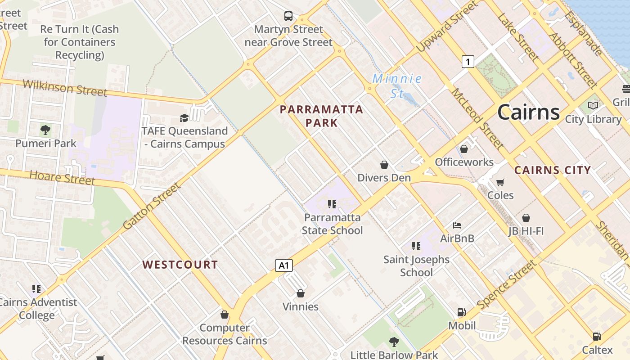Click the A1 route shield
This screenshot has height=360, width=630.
(x=284, y=265)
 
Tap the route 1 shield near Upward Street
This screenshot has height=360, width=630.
(x=468, y=61)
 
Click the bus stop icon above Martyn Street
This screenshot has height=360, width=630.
(x=288, y=17)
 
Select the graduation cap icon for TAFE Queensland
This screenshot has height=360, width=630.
(x=184, y=118)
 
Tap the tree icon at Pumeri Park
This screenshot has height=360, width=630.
(x=45, y=130)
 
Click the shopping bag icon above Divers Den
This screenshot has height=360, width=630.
(x=384, y=165)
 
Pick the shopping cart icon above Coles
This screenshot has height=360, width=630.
(x=500, y=182)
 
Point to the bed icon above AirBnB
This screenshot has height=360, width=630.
(x=457, y=225)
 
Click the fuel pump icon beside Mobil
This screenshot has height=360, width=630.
(x=461, y=312)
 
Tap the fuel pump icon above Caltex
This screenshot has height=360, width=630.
(x=597, y=337)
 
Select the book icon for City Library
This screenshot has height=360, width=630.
(x=593, y=106)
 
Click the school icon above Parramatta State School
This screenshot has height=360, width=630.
(x=332, y=204)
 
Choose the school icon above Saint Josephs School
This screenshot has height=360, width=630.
(x=416, y=246)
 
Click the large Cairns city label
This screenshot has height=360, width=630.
(x=528, y=112)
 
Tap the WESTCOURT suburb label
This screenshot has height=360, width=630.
(x=180, y=265)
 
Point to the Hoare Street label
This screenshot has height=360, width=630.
(x=62, y=178)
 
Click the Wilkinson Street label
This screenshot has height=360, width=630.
(x=65, y=87)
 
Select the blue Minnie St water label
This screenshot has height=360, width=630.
(x=397, y=86)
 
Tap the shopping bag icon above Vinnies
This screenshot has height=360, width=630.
(x=301, y=293)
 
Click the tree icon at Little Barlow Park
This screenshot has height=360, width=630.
(x=394, y=342)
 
